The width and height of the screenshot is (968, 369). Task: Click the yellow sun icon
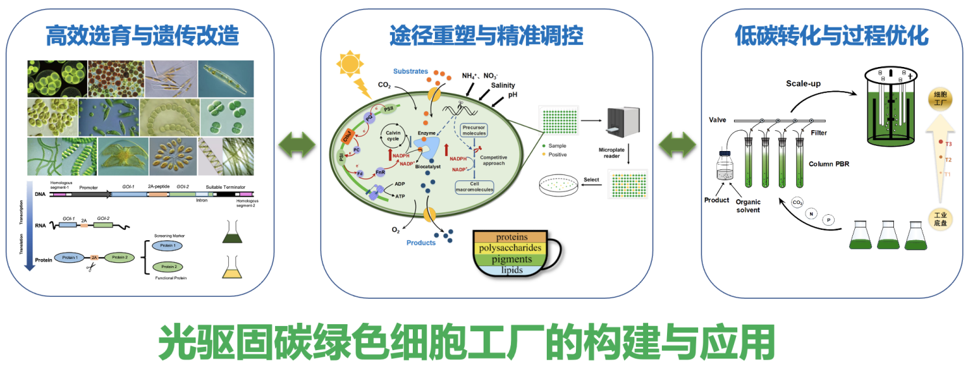tap(350, 66)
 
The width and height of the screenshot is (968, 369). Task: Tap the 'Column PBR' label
tap(829, 164)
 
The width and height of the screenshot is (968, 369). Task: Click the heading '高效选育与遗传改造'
tap(142, 35)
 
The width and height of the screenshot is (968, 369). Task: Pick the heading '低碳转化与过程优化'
tap(831, 35)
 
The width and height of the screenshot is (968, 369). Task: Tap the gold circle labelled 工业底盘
tap(941, 218)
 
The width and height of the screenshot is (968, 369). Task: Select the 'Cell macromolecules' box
tap(474, 186)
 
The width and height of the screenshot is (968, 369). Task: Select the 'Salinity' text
tap(503, 85)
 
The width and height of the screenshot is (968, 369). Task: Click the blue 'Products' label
tap(421, 243)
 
